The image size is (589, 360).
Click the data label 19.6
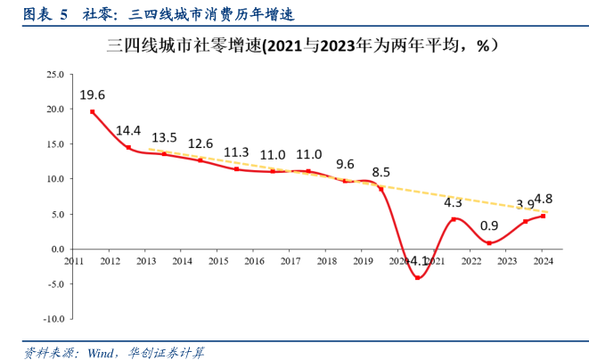[93, 94]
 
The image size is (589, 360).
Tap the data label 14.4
[129, 130]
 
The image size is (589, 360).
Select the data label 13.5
[164, 137]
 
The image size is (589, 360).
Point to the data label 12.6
[200, 143]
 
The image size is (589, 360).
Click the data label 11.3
[236, 152]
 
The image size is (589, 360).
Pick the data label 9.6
[345, 164]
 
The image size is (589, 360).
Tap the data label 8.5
[380, 172]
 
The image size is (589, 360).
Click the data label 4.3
[454, 203]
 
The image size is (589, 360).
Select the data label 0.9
[489, 226]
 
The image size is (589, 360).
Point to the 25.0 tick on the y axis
[53, 74]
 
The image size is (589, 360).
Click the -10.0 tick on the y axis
[52, 318]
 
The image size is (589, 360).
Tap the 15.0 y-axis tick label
[53, 143]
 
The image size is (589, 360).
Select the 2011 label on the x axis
[74, 261]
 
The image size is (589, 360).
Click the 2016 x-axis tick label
[255, 261]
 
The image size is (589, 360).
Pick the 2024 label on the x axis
[544, 261]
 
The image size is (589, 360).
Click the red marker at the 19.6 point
[93, 112]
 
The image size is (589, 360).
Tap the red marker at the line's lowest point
[417, 277]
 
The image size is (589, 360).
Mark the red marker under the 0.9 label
[489, 243]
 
